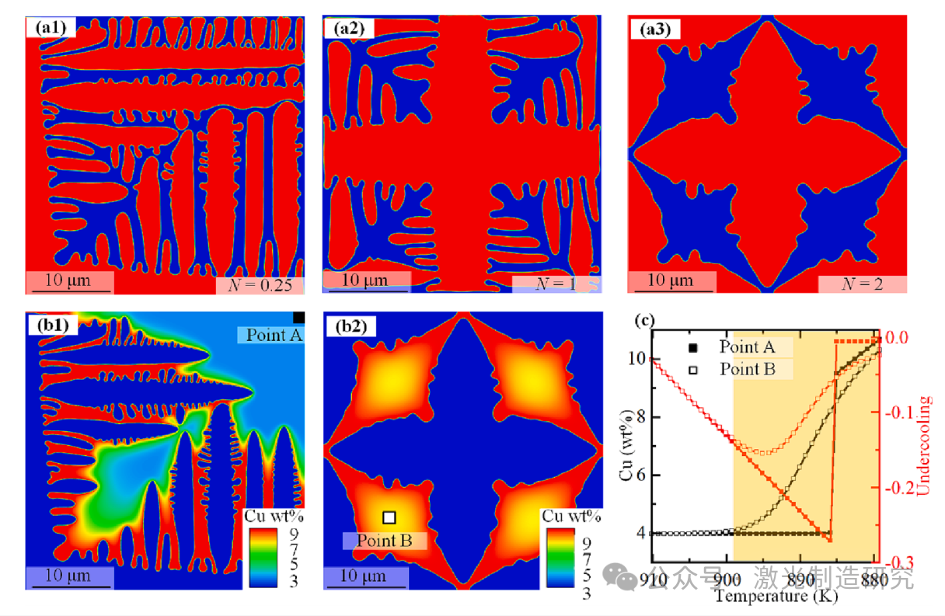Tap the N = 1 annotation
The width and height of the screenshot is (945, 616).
click(x=556, y=284)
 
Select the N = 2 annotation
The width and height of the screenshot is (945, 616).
click(x=862, y=284)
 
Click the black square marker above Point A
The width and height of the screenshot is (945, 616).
click(x=298, y=317)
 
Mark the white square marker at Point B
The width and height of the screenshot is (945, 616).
click(x=389, y=517)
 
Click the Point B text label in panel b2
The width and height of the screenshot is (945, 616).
click(x=385, y=540)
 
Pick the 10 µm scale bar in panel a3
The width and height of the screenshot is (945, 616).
click(x=671, y=281)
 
